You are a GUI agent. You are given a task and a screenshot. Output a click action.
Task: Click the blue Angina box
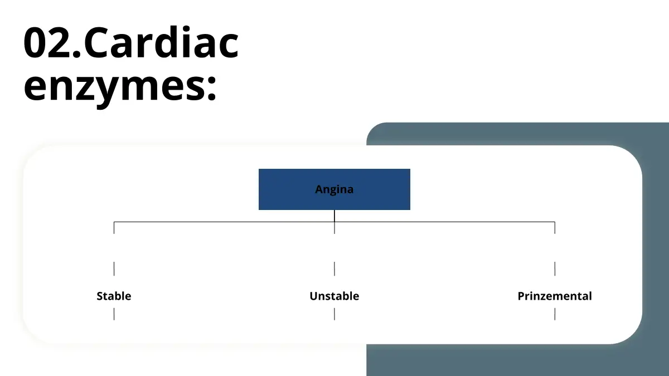[334, 189]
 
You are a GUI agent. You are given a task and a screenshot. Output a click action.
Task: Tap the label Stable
[114, 296]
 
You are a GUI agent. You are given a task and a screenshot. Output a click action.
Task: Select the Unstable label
[334, 296]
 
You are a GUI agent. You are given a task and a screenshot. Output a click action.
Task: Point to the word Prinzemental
[555, 296]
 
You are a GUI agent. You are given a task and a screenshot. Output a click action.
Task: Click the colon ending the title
[211, 87]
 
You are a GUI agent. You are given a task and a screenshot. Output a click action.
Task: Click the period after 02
[77, 53]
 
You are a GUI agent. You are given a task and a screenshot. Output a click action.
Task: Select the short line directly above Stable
[114, 268]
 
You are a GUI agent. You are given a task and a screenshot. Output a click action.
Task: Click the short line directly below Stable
[114, 314]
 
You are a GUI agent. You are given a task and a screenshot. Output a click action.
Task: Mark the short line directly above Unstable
[334, 268]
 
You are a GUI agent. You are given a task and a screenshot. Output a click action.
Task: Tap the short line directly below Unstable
[334, 314]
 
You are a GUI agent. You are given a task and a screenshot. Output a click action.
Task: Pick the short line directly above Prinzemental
[555, 268]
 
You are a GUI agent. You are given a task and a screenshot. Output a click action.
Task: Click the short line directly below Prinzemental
[555, 314]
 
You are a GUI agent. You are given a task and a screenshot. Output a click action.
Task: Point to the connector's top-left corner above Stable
[114, 222]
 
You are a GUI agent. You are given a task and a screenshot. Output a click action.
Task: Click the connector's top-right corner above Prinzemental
[555, 222]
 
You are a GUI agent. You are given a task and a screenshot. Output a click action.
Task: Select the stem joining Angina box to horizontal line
[334, 216]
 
